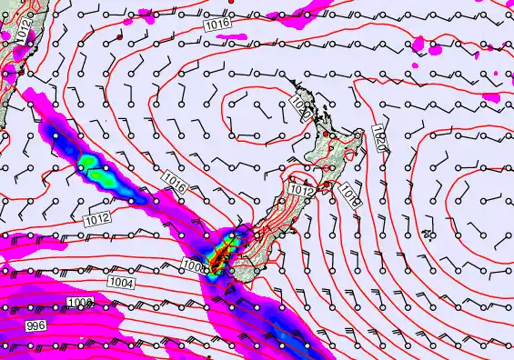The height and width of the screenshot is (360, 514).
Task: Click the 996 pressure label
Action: pos(35,325)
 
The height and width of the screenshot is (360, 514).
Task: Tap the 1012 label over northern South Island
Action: pos(302,189)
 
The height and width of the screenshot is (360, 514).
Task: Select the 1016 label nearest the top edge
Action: pos(217,25)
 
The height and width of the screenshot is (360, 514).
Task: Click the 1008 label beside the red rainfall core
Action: pos(193,265)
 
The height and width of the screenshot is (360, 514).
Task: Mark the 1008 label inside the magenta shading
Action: pos(80,301)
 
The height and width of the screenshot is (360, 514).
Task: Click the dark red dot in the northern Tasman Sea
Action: pos(119,37)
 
